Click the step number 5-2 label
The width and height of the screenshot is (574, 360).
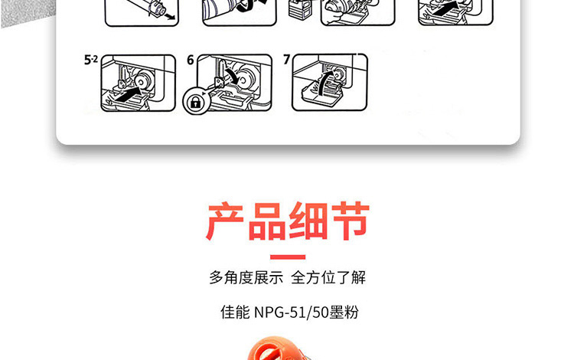[x=91, y=60]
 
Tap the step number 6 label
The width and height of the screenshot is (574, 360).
[x=191, y=60]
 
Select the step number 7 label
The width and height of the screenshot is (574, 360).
[x=287, y=59]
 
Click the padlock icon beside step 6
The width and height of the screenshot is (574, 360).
[x=196, y=101]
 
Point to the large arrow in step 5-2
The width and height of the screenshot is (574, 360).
[x=127, y=93]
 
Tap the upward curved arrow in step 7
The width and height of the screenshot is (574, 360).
[x=325, y=83]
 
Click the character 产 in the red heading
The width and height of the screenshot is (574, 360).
[x=225, y=221]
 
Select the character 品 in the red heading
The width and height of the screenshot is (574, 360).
[x=267, y=221]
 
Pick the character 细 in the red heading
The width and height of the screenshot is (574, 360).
[x=308, y=221]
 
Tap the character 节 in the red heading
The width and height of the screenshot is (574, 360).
[x=351, y=221]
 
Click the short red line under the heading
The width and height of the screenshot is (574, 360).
[x=288, y=257]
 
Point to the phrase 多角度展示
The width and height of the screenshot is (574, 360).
[x=246, y=277]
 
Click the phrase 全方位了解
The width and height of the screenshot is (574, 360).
[x=328, y=277]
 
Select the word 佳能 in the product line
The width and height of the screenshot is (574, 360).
[x=235, y=313]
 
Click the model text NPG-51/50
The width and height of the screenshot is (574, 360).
[x=292, y=313]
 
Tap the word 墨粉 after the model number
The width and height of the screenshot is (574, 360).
[x=344, y=313]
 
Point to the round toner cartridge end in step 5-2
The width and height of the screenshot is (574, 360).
[x=144, y=81]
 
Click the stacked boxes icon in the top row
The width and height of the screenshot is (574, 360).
[x=300, y=9]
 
